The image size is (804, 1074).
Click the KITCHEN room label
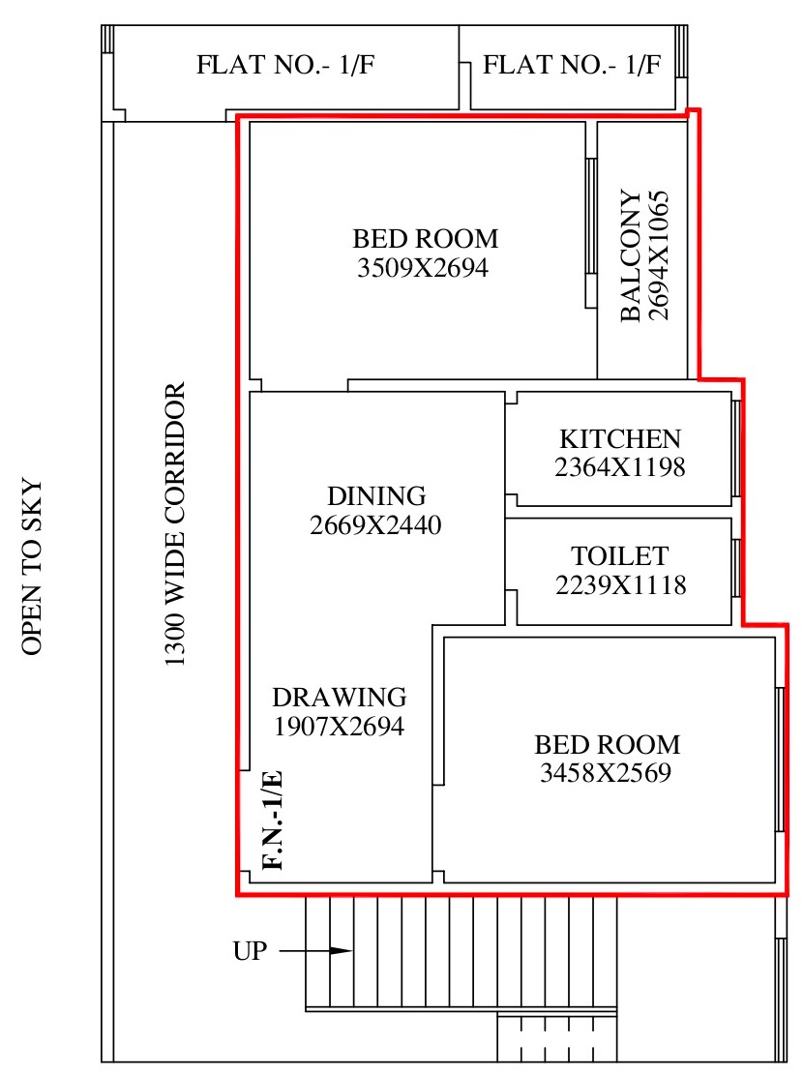[x=620, y=438]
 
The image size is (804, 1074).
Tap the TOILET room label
[x=620, y=555]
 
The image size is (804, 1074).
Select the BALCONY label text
[x=631, y=255]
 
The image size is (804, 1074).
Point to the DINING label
[x=376, y=495]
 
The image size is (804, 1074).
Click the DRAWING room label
[x=340, y=697]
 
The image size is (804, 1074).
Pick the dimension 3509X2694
[x=423, y=267]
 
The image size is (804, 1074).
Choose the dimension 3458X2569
[x=606, y=773]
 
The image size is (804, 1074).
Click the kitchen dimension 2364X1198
[x=620, y=467]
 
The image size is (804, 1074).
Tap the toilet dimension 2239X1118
[x=620, y=585]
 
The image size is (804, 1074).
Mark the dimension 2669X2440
[x=375, y=524]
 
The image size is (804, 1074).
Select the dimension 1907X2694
[x=339, y=726]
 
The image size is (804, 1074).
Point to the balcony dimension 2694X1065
[x=658, y=255]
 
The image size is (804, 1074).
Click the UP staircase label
[x=250, y=951]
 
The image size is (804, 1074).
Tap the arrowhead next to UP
[x=342, y=951]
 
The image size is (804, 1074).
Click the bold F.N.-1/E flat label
[x=273, y=820]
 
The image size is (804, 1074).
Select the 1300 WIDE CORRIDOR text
[x=175, y=524]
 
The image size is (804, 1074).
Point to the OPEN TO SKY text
[x=32, y=566]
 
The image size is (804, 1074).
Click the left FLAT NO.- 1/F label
[x=285, y=65]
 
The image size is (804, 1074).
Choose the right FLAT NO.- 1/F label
[x=572, y=65]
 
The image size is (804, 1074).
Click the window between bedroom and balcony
[x=590, y=233]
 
